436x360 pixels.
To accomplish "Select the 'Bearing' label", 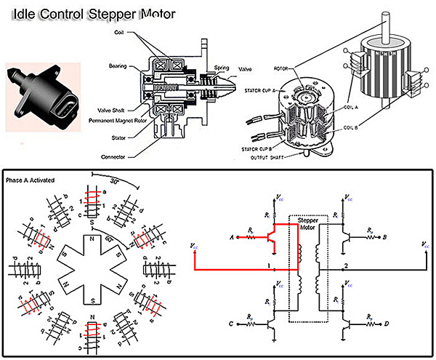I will click(x=121, y=65).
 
